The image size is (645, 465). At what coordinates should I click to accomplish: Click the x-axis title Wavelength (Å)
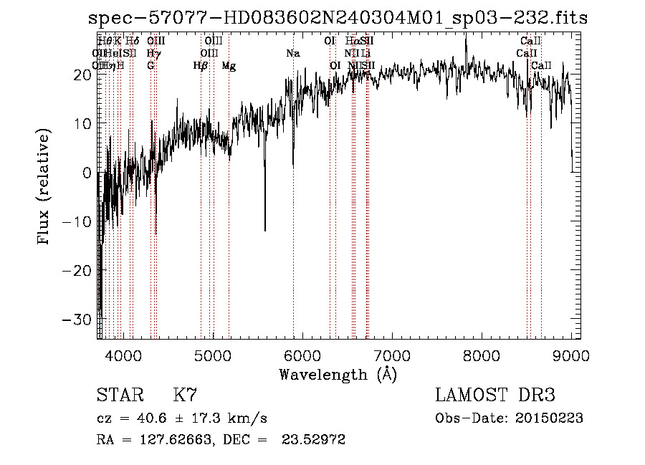click(x=338, y=374)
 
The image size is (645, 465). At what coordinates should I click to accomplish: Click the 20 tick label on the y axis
click(x=81, y=75)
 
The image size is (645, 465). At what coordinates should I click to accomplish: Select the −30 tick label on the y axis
click(x=76, y=320)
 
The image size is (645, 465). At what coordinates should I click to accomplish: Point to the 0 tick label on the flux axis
click(x=86, y=173)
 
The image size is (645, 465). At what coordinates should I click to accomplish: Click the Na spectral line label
click(x=292, y=54)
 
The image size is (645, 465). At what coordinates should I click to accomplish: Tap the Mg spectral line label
click(x=229, y=66)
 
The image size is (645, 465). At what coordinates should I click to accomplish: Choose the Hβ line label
click(x=201, y=66)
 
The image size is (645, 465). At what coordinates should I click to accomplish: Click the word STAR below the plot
click(x=119, y=396)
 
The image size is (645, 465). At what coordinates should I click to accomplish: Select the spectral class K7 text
click(x=185, y=396)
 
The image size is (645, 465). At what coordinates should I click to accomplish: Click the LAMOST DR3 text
click(x=495, y=396)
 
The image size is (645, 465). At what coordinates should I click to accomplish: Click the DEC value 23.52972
click(x=316, y=440)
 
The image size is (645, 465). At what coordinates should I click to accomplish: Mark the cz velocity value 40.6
click(x=150, y=418)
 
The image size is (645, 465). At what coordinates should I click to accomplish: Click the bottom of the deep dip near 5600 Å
click(x=265, y=230)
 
